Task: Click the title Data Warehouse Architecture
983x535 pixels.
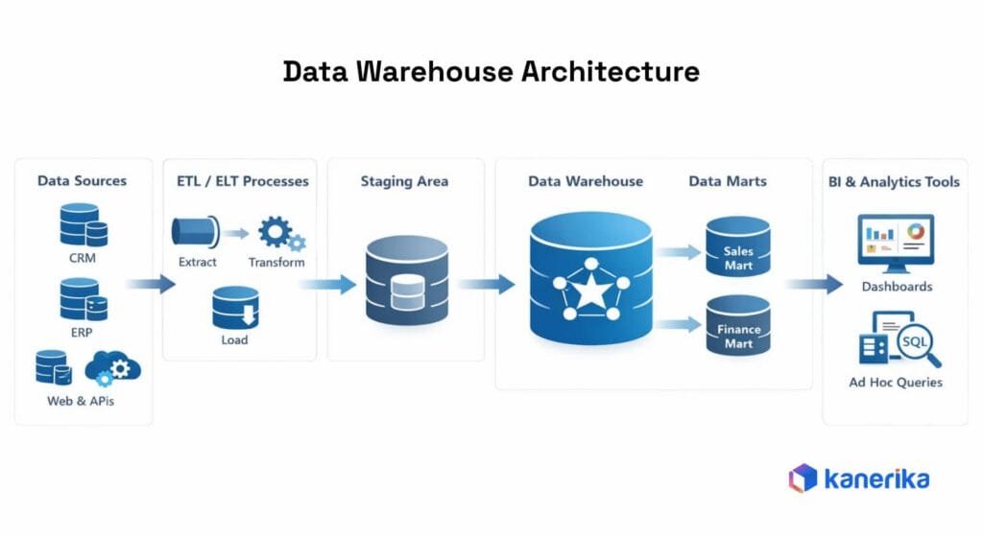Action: tap(491, 72)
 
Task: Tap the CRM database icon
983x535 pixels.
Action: tap(83, 224)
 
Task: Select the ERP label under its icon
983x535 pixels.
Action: tap(83, 332)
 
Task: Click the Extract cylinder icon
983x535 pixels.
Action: tap(195, 231)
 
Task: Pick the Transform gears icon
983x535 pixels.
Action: tap(279, 233)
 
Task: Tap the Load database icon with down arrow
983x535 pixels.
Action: tap(235, 308)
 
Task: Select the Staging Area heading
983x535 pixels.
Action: tap(404, 180)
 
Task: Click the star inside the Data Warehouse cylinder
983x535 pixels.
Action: tap(590, 289)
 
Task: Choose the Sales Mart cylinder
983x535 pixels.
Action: tap(737, 247)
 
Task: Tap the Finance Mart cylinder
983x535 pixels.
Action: tap(737, 326)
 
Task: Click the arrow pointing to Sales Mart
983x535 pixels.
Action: tap(679, 252)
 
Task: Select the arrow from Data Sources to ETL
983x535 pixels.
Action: tap(151, 284)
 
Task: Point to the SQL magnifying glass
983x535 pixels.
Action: tap(916, 345)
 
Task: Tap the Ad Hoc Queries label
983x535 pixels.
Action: tap(895, 382)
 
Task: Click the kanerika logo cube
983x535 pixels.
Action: tap(803, 477)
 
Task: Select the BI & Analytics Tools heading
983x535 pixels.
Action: tap(894, 181)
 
